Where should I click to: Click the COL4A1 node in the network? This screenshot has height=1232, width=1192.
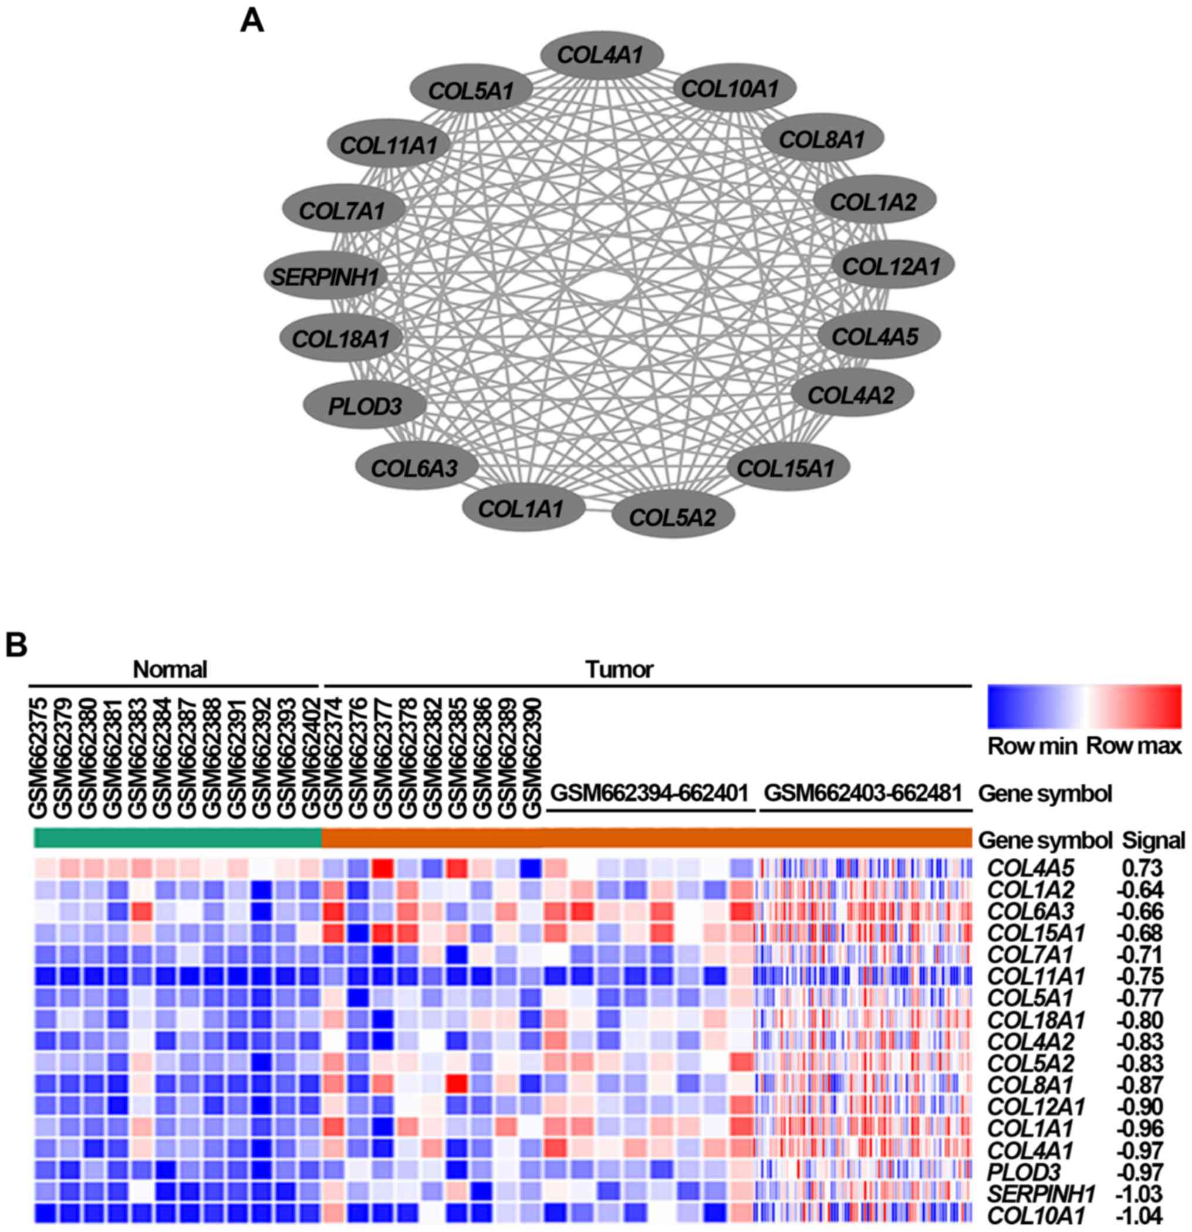pyautogui.click(x=602, y=55)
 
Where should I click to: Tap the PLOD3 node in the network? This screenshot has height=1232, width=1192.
pyautogui.click(x=364, y=405)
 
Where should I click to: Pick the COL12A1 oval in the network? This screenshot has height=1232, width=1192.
pyautogui.click(x=892, y=266)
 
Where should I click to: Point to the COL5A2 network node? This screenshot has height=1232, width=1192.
pyautogui.click(x=673, y=517)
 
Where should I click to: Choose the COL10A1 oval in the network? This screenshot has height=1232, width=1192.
pyautogui.click(x=731, y=89)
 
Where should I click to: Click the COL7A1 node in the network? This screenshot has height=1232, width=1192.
pyautogui.click(x=343, y=210)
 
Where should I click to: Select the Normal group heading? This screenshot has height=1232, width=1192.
pyautogui.click(x=170, y=670)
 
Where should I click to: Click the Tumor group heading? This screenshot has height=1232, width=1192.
pyautogui.click(x=619, y=670)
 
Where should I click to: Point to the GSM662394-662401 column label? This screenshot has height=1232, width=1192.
pyautogui.click(x=650, y=793)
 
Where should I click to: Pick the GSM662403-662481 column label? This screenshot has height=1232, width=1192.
pyautogui.click(x=863, y=793)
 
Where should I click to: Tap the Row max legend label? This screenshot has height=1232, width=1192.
pyautogui.click(x=1134, y=746)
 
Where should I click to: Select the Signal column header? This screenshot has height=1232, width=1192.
pyautogui.click(x=1154, y=840)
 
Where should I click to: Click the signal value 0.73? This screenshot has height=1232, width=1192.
pyautogui.click(x=1143, y=869)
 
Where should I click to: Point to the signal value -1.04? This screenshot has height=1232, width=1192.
pyautogui.click(x=1139, y=1216)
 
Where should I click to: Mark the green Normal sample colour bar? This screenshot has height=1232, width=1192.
pyautogui.click(x=177, y=838)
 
